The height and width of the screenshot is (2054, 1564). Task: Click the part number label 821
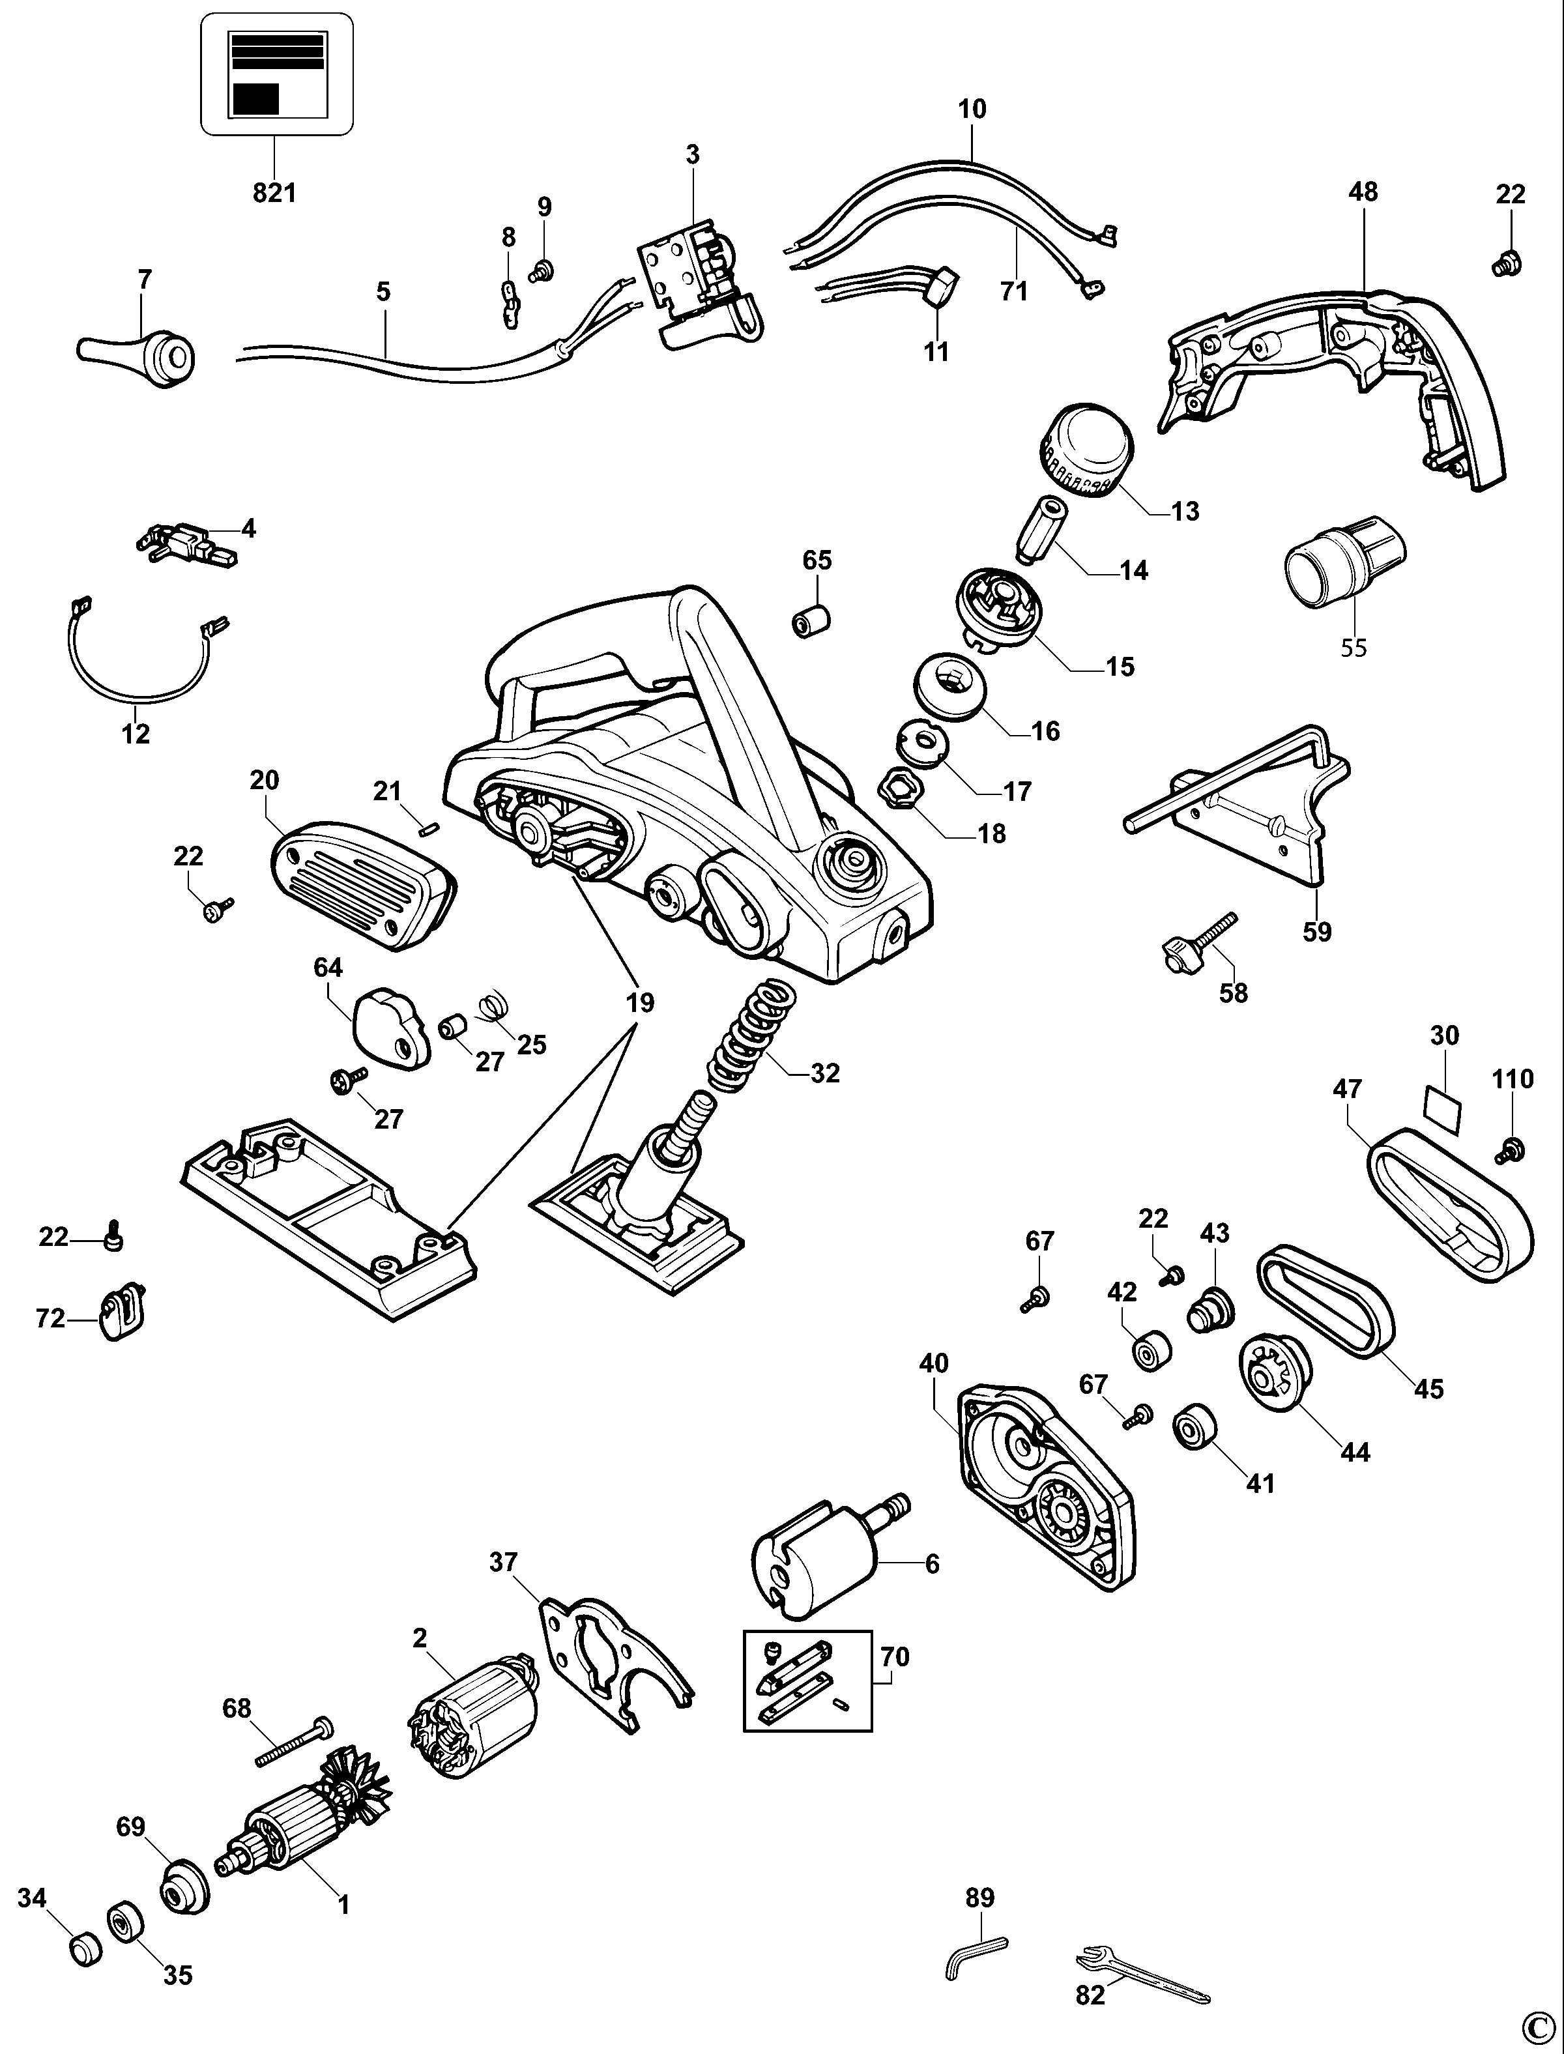(274, 193)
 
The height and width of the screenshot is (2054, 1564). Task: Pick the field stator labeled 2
(473, 1719)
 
